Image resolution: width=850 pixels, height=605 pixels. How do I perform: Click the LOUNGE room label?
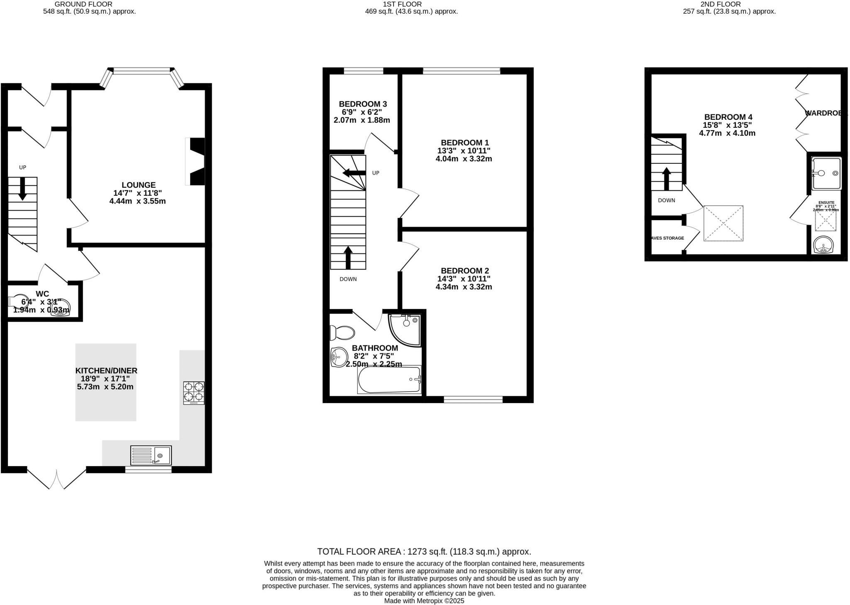point(139,185)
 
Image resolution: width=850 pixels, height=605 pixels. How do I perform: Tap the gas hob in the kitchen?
point(194,393)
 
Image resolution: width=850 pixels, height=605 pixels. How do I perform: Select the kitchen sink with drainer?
point(151,455)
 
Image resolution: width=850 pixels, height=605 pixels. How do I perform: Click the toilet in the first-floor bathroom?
point(342,333)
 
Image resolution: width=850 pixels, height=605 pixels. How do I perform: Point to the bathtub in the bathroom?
point(389,379)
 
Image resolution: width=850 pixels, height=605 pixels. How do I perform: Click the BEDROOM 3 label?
point(363,104)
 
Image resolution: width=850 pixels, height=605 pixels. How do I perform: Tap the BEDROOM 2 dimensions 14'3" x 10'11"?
point(464,279)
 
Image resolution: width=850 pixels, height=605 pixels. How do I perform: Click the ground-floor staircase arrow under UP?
point(22,189)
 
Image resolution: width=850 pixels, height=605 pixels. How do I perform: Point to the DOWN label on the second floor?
point(667,200)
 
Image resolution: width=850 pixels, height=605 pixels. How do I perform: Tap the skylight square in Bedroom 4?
point(723,223)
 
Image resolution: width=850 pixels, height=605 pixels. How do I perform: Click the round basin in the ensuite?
point(823,246)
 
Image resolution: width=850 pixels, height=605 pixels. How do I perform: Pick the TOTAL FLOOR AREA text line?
point(424,552)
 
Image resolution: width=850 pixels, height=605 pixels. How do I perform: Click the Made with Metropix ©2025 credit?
point(424,600)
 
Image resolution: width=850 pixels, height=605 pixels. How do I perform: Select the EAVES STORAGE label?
point(667,238)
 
